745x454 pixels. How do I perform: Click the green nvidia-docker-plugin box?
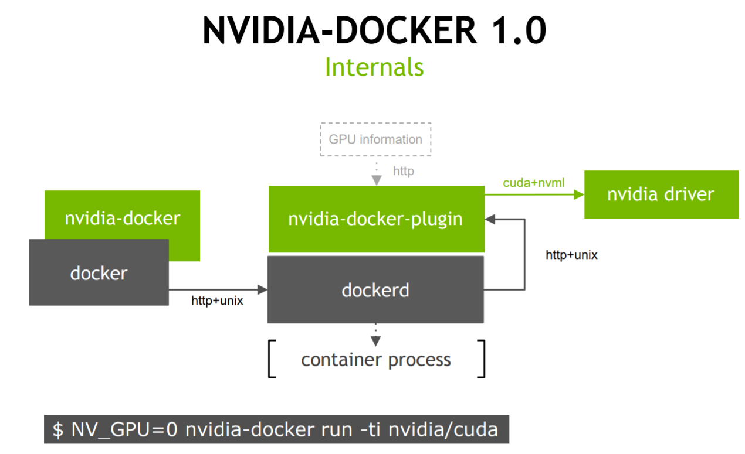376,219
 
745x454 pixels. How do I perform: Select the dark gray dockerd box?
375,289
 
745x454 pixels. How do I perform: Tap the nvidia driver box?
661,194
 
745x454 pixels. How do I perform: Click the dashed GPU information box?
375,139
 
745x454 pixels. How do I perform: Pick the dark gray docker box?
99,273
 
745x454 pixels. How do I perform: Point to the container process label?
376,359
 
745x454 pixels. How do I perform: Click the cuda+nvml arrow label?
534,183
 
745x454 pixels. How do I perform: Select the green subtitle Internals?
374,67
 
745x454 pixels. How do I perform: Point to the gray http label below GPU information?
404,171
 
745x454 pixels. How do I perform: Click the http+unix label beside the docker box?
217,301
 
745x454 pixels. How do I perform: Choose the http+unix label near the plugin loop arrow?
572,255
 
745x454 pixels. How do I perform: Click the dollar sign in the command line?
57,429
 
